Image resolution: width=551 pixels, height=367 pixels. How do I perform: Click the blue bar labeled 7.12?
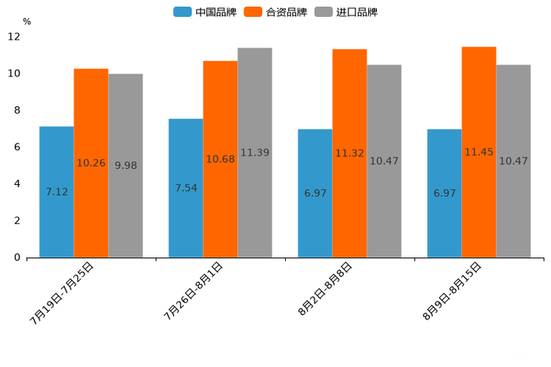pyautogui.click(x=56, y=192)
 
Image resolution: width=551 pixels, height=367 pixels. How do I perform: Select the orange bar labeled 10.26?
pyautogui.click(x=91, y=163)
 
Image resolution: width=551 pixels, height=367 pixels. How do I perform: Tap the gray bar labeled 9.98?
pyautogui.click(x=125, y=165)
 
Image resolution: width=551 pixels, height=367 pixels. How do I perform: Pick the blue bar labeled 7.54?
pyautogui.click(x=186, y=188)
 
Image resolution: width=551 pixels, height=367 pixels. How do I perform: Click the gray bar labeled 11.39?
pyautogui.click(x=255, y=152)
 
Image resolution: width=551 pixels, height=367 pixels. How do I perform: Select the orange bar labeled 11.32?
pyautogui.click(x=350, y=153)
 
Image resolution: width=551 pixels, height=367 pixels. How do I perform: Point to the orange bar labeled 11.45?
pyautogui.click(x=479, y=152)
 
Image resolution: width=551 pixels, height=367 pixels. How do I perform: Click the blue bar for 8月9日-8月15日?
pyautogui.click(x=444, y=193)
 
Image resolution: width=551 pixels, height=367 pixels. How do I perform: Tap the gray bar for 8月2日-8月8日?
pyautogui.click(x=384, y=161)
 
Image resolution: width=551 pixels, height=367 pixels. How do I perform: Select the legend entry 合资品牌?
pyautogui.click(x=275, y=12)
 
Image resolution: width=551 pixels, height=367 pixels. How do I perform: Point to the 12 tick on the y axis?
pyautogui.click(x=14, y=36)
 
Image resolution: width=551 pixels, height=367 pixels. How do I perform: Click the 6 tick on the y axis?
pyautogui.click(x=17, y=147)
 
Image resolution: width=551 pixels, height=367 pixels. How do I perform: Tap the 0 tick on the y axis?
pyautogui.click(x=17, y=257)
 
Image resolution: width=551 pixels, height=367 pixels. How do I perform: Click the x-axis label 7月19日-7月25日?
pyautogui.click(x=62, y=293)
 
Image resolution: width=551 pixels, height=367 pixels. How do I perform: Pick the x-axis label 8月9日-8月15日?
pyautogui.click(x=453, y=291)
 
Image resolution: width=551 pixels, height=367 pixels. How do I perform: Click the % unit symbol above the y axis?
pyautogui.click(x=27, y=21)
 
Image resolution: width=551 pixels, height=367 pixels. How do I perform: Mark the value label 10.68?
pyautogui.click(x=220, y=159)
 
